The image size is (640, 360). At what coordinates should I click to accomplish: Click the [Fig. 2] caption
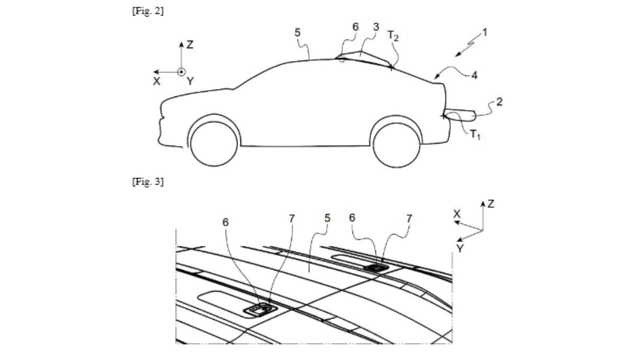(147, 11)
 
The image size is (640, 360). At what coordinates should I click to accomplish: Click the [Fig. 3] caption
(147, 181)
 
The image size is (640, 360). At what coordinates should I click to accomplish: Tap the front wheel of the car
(214, 143)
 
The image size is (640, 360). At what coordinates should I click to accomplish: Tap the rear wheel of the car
(396, 145)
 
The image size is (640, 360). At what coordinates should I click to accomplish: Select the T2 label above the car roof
(393, 36)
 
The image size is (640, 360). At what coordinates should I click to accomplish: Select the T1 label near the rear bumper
(475, 134)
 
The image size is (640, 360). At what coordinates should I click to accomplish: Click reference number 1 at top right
(484, 32)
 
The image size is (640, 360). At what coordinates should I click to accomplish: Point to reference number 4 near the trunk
(474, 75)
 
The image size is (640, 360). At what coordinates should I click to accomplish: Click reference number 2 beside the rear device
(499, 102)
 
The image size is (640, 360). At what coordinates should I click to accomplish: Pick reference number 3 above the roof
(376, 27)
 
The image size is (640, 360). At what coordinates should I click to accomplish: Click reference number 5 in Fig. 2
(297, 33)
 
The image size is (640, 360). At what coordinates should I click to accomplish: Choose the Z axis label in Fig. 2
(190, 44)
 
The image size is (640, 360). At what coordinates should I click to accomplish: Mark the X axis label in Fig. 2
(156, 81)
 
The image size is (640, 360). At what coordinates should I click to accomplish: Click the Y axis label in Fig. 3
(459, 248)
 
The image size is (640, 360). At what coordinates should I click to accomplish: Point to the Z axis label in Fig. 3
(491, 204)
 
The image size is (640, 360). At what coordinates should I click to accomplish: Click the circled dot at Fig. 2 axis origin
(181, 72)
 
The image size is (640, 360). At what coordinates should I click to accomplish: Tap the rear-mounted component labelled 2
(459, 115)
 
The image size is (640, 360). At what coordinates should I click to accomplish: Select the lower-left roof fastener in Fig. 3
(260, 309)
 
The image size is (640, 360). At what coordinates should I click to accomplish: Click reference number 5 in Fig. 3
(327, 218)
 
